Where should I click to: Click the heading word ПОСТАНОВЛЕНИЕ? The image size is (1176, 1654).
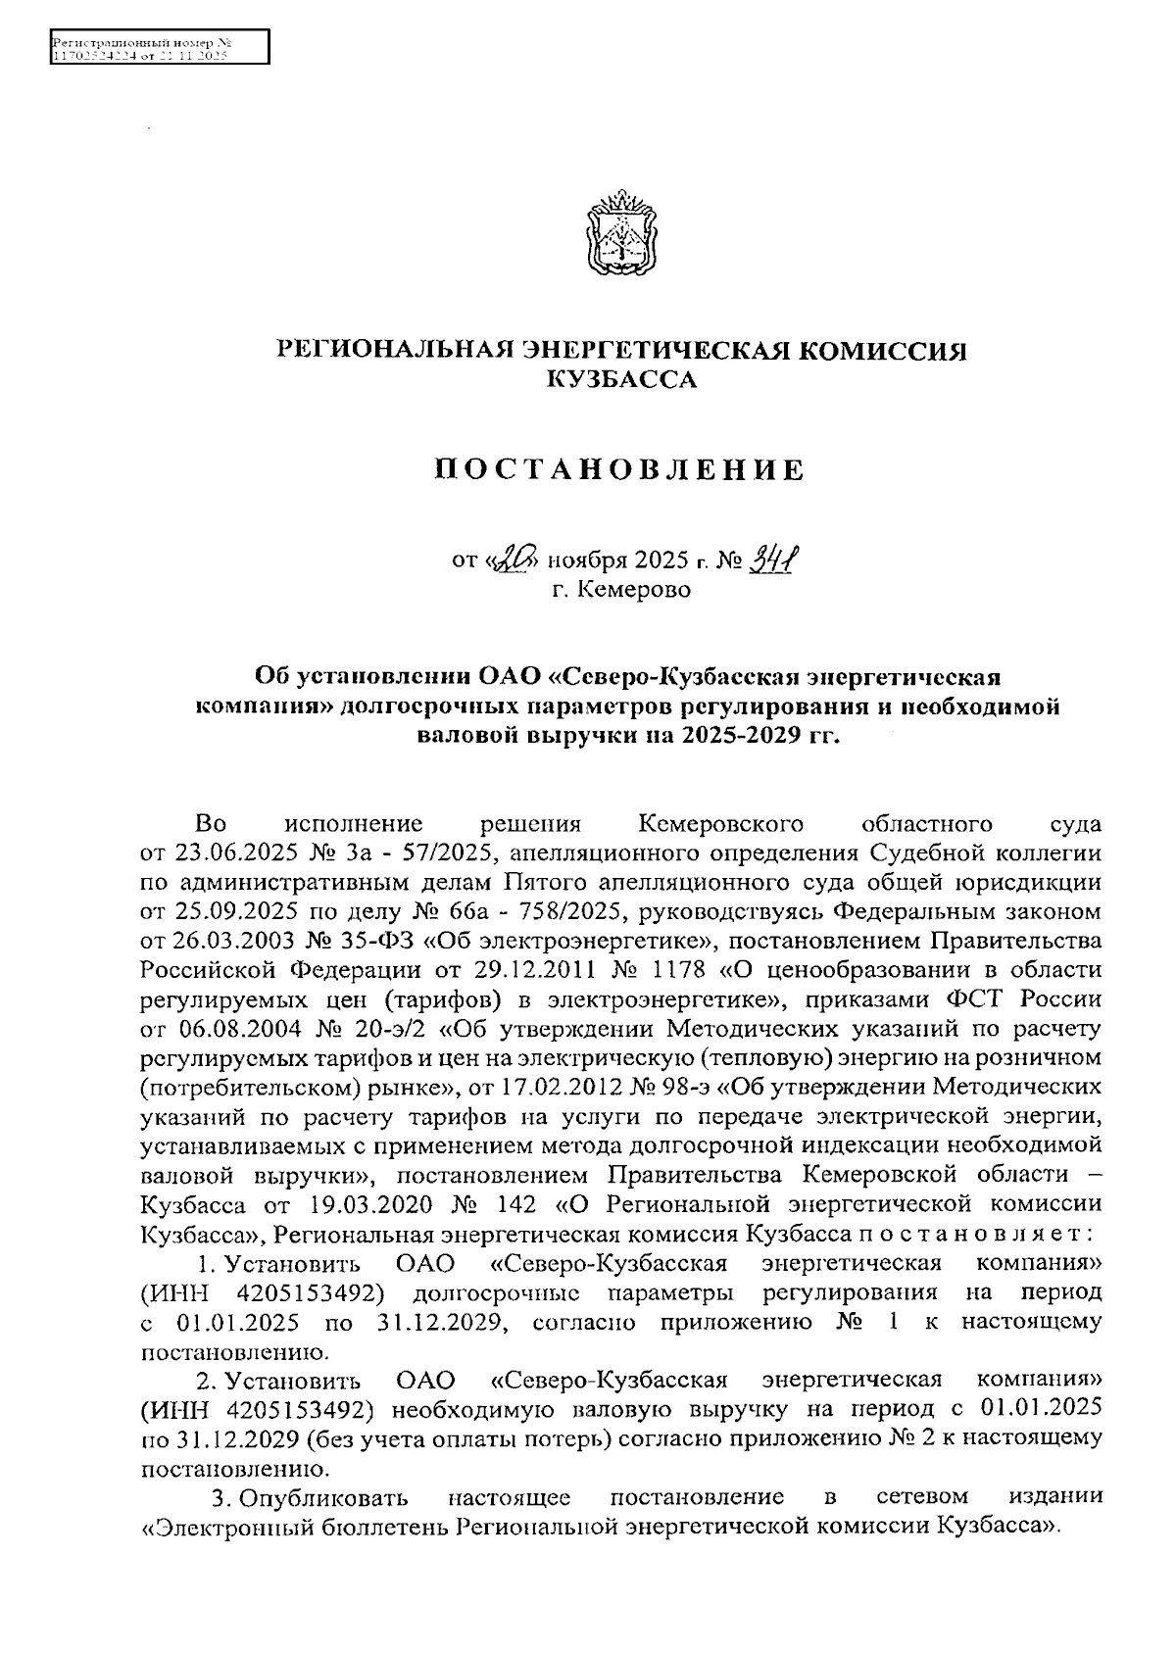pyautogui.click(x=619, y=470)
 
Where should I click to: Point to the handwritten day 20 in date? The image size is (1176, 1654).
pyautogui.click(x=516, y=560)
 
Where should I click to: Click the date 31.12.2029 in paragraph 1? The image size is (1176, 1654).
pyautogui.click(x=441, y=1322)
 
